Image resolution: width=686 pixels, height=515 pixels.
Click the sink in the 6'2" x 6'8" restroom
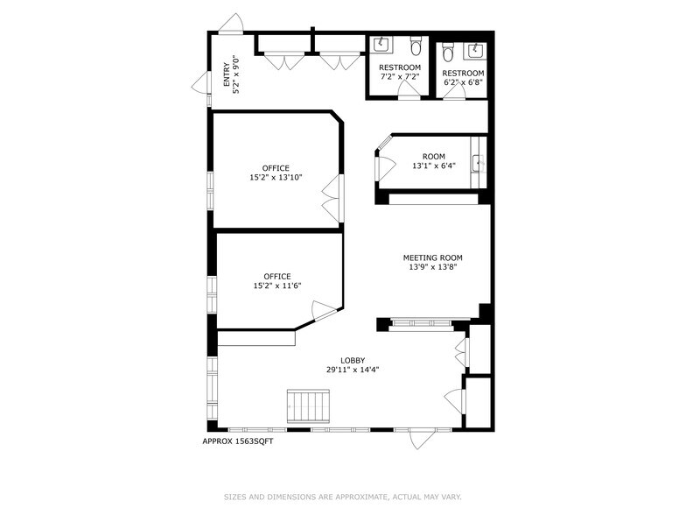[478, 49]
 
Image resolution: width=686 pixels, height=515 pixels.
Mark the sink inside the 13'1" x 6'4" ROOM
[478, 162]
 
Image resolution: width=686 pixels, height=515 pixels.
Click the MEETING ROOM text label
[432, 257]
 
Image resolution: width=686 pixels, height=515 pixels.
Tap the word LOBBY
[353, 360]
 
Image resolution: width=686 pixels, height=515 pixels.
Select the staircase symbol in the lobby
[308, 406]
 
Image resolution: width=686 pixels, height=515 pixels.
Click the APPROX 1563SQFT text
[238, 441]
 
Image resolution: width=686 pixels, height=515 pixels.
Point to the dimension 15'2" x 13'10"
[276, 178]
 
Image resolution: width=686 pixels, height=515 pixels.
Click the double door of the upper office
[332, 199]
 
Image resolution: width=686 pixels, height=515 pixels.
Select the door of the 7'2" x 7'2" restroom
[409, 92]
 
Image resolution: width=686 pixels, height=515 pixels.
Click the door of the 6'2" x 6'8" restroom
[453, 92]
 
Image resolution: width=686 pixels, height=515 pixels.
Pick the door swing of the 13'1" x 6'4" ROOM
[384, 168]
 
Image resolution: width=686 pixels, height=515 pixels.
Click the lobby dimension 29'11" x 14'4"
[353, 370]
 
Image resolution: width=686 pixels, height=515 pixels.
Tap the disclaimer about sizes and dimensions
[342, 497]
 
